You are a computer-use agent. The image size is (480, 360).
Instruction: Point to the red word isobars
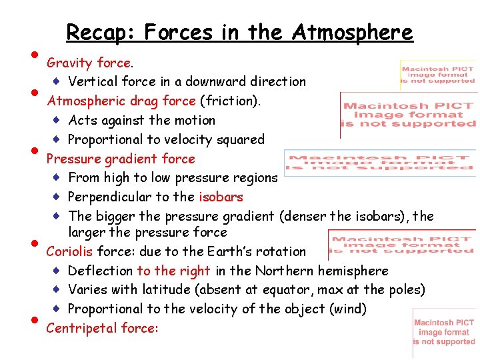tap(221, 197)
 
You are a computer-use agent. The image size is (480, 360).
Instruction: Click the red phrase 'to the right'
tap(173, 271)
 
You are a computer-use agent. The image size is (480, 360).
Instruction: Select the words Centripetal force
tap(101, 328)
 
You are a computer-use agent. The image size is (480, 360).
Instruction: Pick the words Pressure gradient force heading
tap(120, 159)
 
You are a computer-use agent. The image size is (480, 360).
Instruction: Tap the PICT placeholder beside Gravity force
tap(438, 75)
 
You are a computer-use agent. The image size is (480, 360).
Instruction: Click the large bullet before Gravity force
tap(33, 55)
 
